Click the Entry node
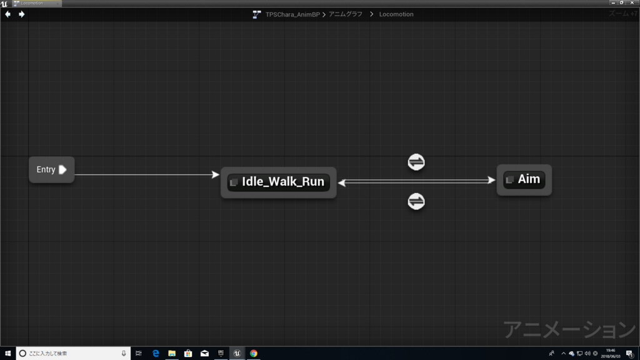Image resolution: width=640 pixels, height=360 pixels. coord(51,170)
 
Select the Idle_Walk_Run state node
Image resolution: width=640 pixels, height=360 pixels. coord(278,182)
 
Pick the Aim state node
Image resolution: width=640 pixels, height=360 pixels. coord(524,180)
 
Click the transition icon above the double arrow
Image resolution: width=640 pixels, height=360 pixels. coord(416,162)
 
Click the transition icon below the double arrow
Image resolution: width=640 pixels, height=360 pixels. coord(416,201)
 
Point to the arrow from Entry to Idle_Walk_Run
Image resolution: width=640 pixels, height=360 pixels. coord(147,175)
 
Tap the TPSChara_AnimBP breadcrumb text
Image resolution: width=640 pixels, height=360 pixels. coord(292,14)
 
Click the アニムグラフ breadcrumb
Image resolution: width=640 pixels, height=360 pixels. coord(346,14)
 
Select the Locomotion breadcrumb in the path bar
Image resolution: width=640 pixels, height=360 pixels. coord(396,14)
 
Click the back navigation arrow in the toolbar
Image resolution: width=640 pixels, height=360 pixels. coord(7,14)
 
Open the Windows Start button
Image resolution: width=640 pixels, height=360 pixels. coord(7,353)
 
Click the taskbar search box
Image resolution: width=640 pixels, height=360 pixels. coord(69,353)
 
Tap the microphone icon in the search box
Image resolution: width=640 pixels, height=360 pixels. coord(124,353)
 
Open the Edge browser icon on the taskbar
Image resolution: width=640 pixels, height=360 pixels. coord(156,353)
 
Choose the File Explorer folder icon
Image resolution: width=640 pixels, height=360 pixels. coord(172,353)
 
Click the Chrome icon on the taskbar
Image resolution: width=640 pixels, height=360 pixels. coord(253,353)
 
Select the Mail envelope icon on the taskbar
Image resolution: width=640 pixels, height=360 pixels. coord(204,353)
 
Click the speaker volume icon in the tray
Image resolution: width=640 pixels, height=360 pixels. coord(587,353)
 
